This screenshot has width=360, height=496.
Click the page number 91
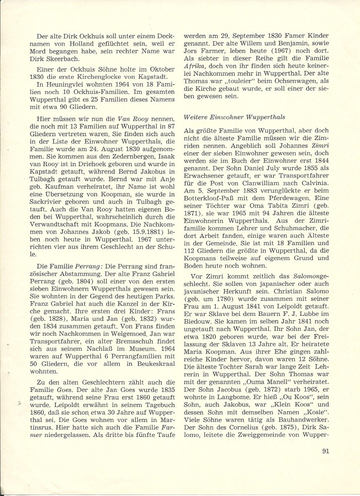click(326, 452)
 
